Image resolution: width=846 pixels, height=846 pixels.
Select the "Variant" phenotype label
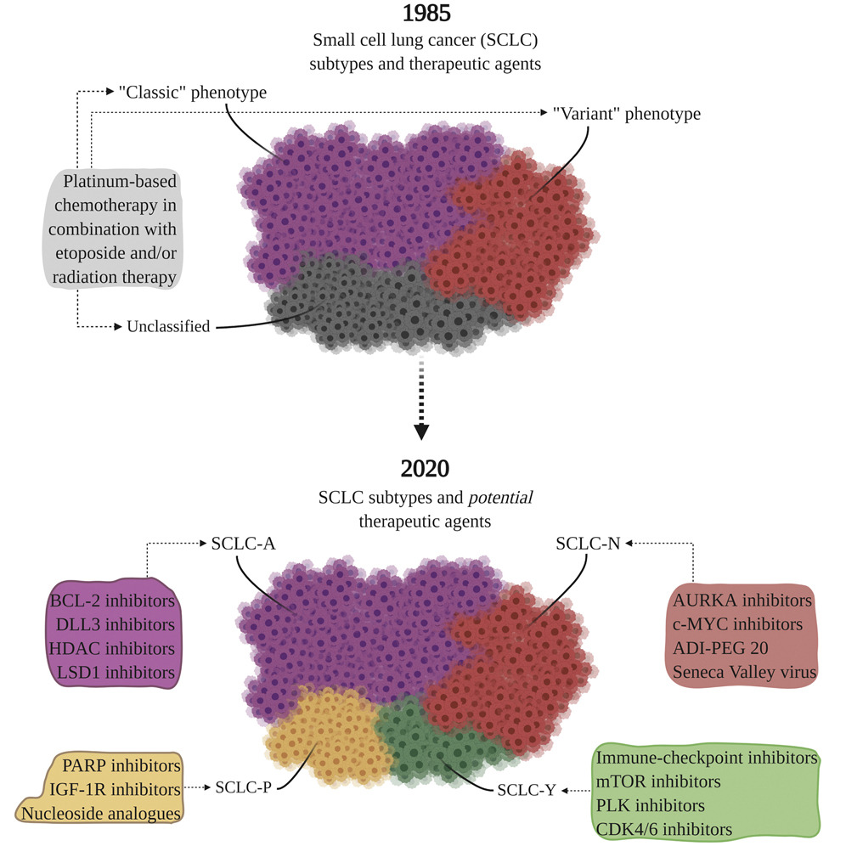pyautogui.click(x=627, y=114)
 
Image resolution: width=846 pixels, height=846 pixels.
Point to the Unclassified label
pyautogui.click(x=168, y=326)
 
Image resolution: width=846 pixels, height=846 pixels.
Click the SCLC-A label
pyautogui.click(x=243, y=544)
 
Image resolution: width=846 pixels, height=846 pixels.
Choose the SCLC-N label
pyautogui.click(x=588, y=544)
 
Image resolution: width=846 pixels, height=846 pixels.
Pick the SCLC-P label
pyautogui.click(x=244, y=787)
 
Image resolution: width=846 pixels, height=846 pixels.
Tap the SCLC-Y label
pyautogui.click(x=527, y=789)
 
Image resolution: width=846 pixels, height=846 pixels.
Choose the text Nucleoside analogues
pyautogui.click(x=103, y=814)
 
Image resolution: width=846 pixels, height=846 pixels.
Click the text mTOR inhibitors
pyautogui.click(x=659, y=781)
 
